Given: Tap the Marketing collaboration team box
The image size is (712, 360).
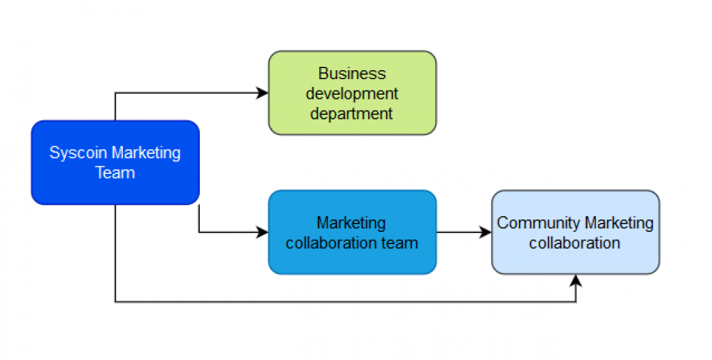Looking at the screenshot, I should tap(352, 259).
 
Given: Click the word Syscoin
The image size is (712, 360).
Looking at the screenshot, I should tap(78, 153).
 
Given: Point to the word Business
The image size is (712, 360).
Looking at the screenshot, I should tap(352, 74).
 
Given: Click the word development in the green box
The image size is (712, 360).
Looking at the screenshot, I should tap(352, 93).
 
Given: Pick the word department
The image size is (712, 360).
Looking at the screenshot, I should tap(352, 113).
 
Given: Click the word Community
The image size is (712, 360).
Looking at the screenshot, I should tap(538, 223).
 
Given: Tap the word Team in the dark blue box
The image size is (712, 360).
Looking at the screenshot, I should tap(115, 172).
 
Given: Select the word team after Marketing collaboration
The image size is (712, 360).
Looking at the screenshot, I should tap(402, 243).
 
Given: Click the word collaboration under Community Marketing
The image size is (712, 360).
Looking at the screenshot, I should tap(575, 243).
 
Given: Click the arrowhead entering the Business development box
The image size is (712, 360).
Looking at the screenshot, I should tap(263, 93).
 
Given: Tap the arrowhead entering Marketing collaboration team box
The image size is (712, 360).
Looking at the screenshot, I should tap(263, 232).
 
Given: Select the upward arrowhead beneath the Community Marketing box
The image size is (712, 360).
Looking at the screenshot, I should tap(576, 280).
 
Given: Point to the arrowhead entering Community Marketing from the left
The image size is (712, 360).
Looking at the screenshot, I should tap(486, 232).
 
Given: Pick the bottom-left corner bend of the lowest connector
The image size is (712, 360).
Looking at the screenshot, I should tap(115, 301).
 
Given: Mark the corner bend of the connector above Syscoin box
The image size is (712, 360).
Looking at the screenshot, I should tap(115, 93).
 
